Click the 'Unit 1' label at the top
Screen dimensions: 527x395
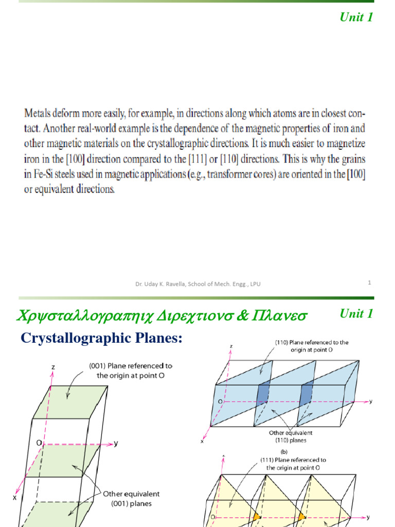point(356,17)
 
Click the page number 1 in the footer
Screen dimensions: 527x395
point(370,282)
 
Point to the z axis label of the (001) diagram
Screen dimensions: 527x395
point(53,367)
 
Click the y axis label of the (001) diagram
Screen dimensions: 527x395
point(116,443)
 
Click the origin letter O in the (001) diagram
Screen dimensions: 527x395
point(39,442)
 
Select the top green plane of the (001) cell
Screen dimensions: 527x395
point(69,401)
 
